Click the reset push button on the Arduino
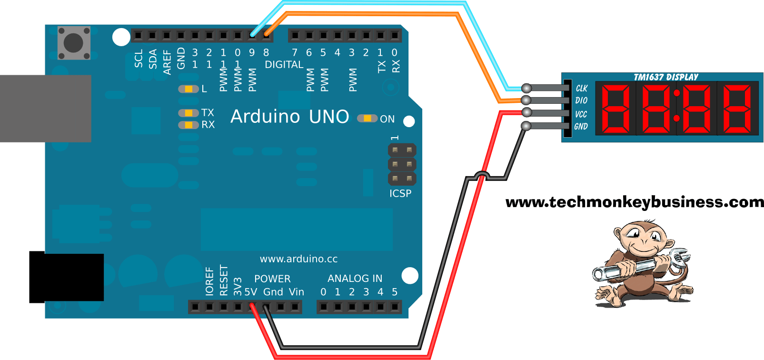pos(74,43)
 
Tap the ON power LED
pos(367,118)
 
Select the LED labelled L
pos(189,89)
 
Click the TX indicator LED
pos(189,113)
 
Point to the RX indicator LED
pos(189,125)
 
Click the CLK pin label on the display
pos(582,88)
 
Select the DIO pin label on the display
pos(581,100)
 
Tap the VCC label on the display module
pos(581,114)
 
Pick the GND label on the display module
pos(581,127)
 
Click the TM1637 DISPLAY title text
pos(665,77)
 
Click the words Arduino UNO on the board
pos(289,117)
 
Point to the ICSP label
pos(400,193)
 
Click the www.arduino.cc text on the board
pos(298,259)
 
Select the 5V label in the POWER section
pos(251,292)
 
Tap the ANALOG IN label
pos(355,279)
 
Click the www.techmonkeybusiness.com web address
pos(634,202)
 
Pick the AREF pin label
pos(167,62)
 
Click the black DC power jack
pos(66,277)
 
